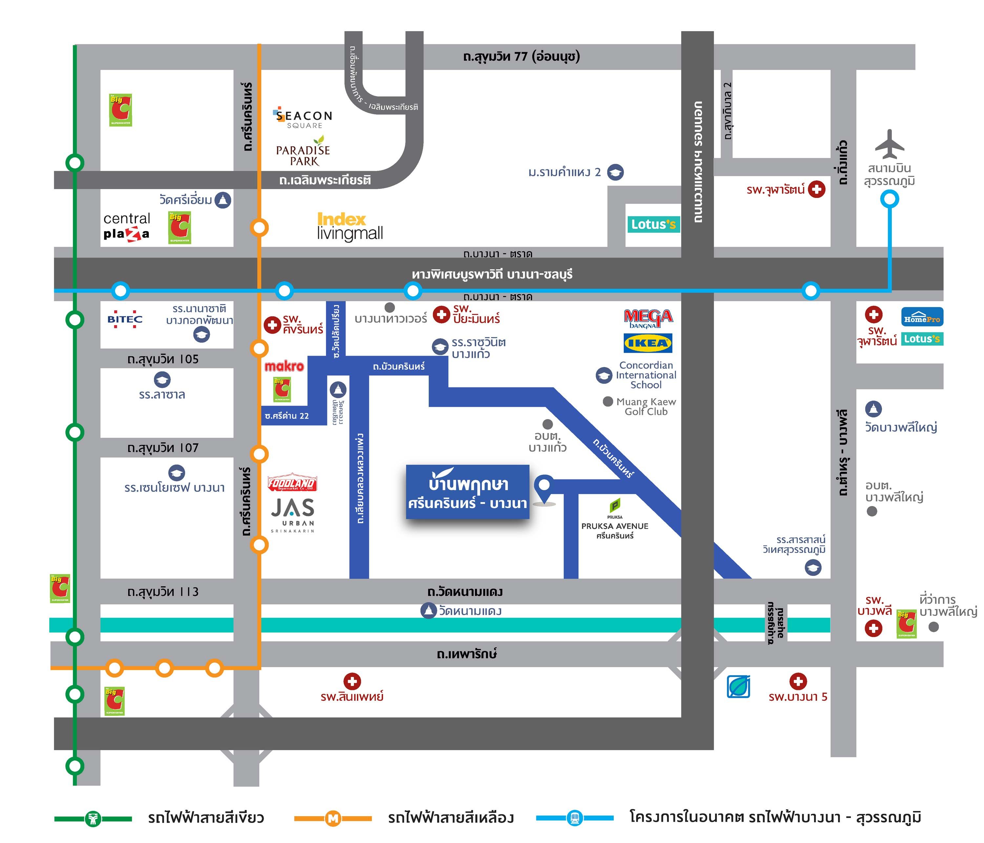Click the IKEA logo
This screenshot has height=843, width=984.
click(648, 343)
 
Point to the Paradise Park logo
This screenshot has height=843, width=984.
click(303, 152)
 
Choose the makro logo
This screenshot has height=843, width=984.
click(284, 366)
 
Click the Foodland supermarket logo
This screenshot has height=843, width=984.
click(292, 483)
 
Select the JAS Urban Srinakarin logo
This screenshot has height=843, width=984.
click(293, 514)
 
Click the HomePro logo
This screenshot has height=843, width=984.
click(922, 317)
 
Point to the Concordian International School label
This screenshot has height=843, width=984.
click(646, 375)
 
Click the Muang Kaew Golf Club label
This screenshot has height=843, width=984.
click(646, 406)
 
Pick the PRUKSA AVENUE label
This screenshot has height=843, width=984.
click(615, 526)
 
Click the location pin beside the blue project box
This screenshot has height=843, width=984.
click(544, 486)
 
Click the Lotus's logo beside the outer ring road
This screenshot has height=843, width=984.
click(653, 224)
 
